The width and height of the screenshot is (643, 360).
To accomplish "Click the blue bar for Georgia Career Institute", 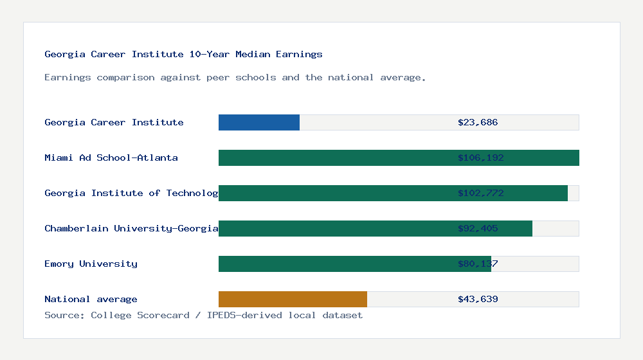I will (259, 122).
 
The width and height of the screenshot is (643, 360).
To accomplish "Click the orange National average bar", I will (293, 299).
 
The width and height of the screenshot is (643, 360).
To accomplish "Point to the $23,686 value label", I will (478, 122).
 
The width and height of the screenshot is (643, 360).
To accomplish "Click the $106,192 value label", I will (480, 157).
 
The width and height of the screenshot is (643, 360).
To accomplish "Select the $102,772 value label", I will (480, 193).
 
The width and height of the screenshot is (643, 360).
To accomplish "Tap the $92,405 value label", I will (478, 228).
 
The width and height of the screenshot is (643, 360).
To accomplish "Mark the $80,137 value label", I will (478, 264).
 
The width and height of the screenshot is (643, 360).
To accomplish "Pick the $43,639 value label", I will (478, 299).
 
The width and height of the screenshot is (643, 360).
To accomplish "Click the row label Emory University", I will (91, 264).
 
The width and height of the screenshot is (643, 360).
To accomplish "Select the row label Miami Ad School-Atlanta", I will (111, 157).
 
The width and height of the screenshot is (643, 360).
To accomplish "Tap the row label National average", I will (91, 299).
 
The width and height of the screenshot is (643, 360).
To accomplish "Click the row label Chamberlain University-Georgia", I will (131, 228).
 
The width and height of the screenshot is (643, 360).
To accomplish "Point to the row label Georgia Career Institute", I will (114, 122).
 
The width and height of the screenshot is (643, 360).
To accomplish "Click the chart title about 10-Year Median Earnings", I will (183, 54).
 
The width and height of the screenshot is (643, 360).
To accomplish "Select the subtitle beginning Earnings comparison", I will (235, 77).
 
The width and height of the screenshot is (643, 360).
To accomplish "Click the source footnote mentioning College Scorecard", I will (203, 315).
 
